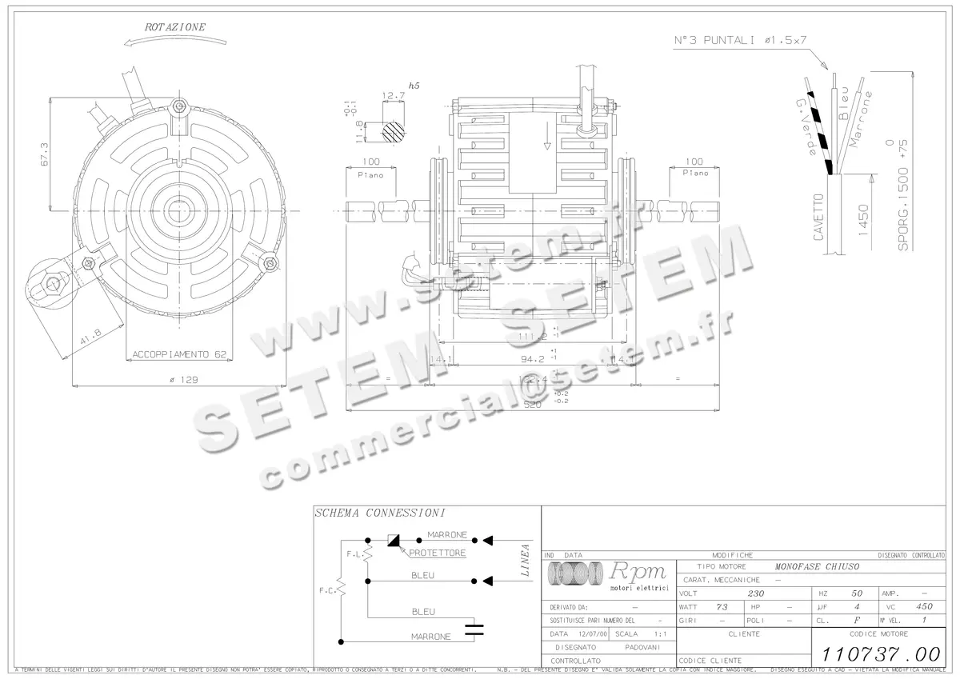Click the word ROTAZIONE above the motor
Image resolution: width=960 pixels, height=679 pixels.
[x=175, y=27]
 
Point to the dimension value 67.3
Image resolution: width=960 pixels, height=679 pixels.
[x=44, y=154]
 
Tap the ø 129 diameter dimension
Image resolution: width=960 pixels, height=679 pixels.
[x=183, y=379]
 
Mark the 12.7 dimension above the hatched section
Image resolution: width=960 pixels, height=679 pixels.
[x=393, y=95]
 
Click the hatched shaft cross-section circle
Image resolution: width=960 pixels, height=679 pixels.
[x=393, y=131]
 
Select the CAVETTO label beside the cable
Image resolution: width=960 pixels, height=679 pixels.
[x=818, y=217]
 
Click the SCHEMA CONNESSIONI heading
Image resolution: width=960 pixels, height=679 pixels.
[x=379, y=513]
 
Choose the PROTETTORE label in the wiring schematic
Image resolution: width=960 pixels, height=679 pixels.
[x=437, y=553]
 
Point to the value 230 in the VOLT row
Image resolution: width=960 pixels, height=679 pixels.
[x=755, y=593]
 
